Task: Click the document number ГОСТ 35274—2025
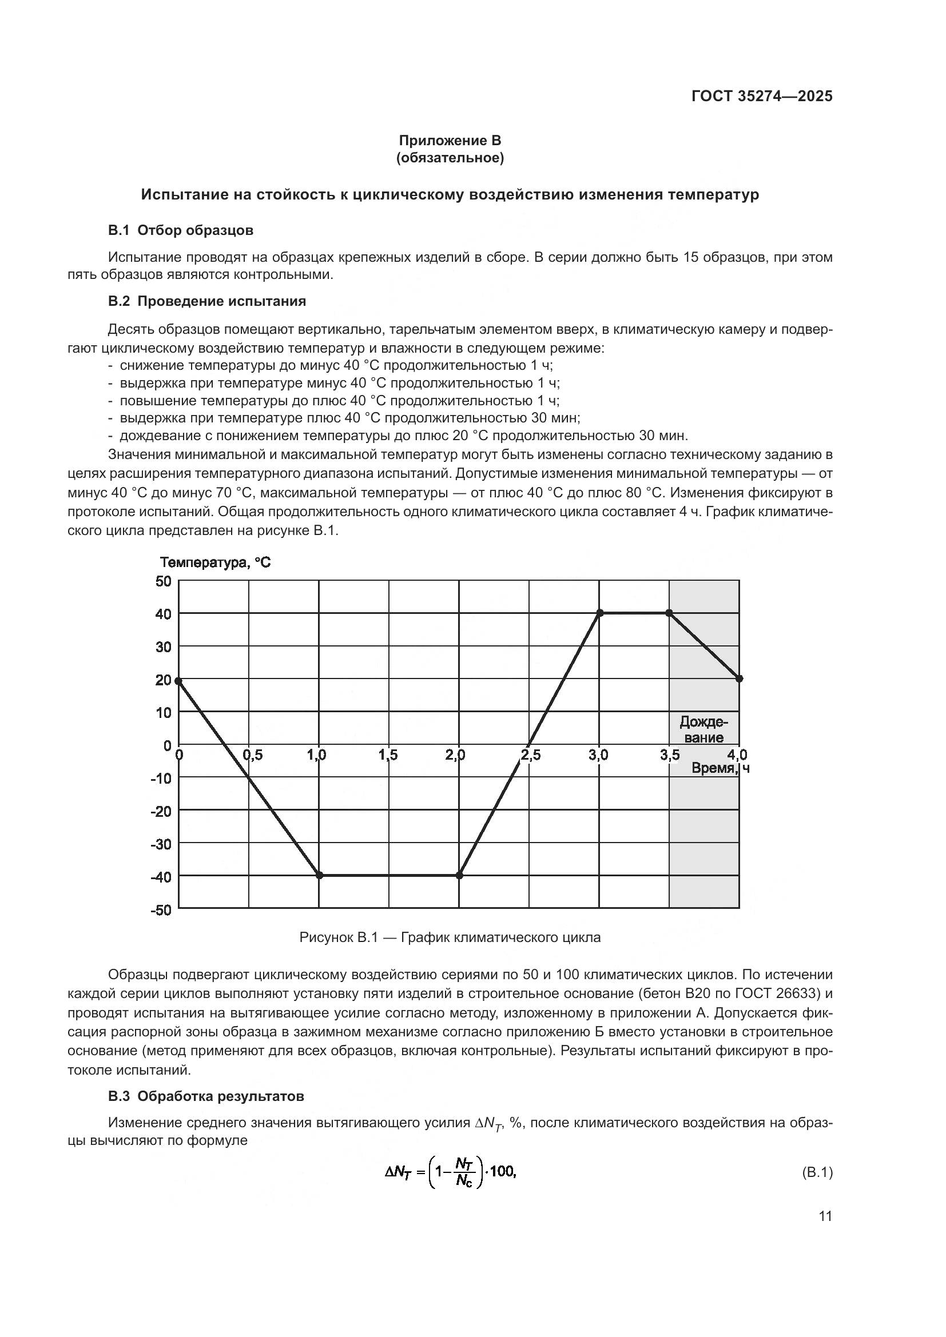coord(761,96)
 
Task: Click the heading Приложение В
coord(450,141)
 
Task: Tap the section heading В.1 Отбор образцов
coord(181,230)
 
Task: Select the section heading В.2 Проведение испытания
coord(207,301)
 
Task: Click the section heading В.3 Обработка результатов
coord(206,1096)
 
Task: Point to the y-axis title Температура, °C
coord(216,562)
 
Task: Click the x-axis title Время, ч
coord(720,768)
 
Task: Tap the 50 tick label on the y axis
coord(164,581)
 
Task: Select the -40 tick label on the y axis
coord(161,876)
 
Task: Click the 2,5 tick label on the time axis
coord(530,755)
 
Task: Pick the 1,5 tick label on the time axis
coord(388,755)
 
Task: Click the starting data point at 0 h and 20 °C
coord(178,681)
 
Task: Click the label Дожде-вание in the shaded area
coord(703,729)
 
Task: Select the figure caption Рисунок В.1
coord(450,937)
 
